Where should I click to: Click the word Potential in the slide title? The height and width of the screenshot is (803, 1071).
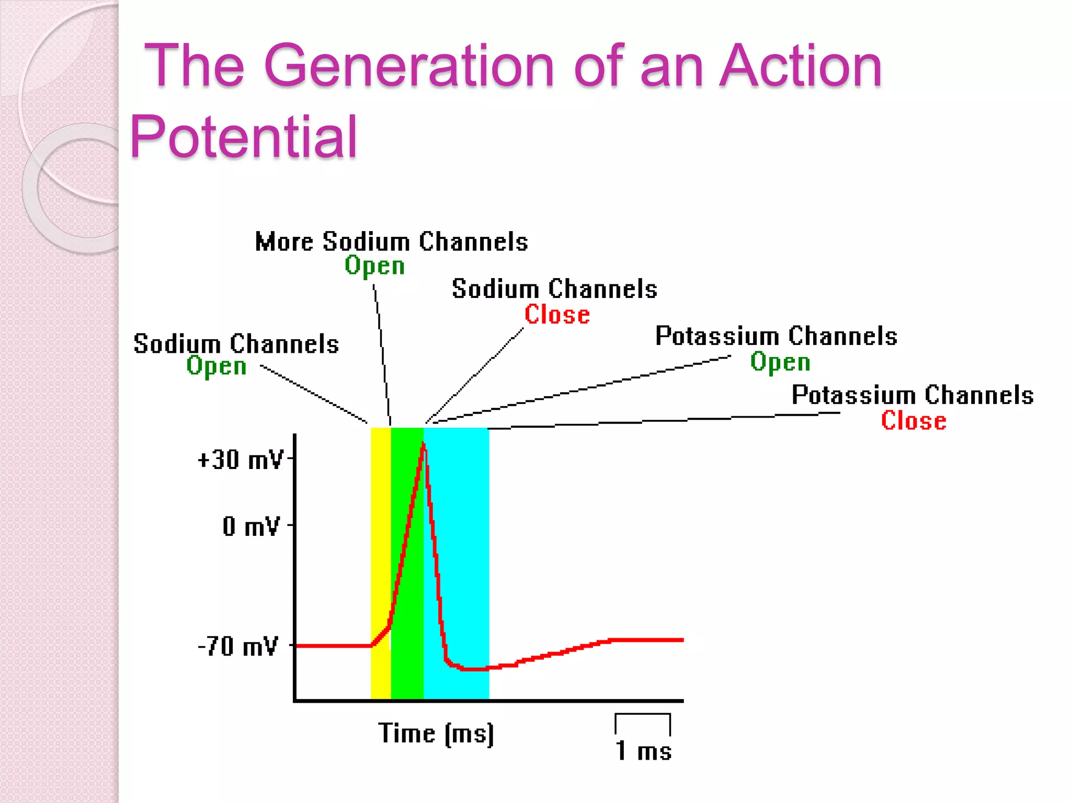(243, 137)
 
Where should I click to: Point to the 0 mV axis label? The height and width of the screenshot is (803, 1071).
(251, 526)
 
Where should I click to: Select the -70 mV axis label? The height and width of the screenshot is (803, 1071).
(238, 647)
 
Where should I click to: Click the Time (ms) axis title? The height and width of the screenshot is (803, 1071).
(436, 733)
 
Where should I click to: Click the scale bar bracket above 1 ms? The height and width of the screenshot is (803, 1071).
(643, 715)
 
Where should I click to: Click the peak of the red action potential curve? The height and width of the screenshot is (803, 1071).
(423, 444)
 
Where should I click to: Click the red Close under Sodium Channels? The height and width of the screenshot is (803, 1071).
(557, 315)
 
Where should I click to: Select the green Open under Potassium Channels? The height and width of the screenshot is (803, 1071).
(780, 362)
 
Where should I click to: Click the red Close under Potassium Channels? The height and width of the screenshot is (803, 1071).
(913, 421)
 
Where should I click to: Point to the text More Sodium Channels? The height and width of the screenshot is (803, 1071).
(391, 242)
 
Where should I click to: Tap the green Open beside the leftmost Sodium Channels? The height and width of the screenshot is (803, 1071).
(216, 366)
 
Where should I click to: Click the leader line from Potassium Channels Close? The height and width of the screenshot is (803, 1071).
(664, 420)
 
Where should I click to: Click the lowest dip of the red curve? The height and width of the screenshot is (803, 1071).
(473, 669)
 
